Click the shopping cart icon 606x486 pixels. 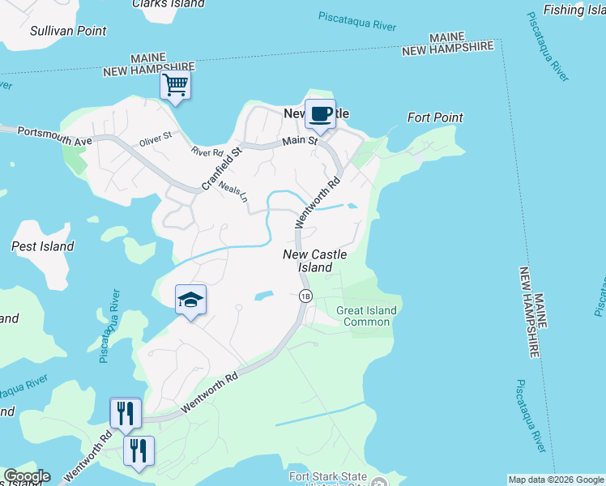(x=175, y=84)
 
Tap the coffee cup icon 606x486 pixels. (x=320, y=113)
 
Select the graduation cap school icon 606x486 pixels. (x=191, y=301)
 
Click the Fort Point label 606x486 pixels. (x=435, y=117)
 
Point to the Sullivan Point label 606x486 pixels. (x=67, y=31)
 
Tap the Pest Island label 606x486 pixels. (x=43, y=246)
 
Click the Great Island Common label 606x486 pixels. (x=367, y=316)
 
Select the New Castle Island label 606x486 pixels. (x=315, y=261)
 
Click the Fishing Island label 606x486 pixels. (x=574, y=10)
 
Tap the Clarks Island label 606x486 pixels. (x=168, y=4)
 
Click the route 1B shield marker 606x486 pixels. (x=305, y=296)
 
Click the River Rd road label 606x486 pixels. (x=207, y=151)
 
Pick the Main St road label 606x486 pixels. (x=299, y=142)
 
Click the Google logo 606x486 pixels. (x=27, y=476)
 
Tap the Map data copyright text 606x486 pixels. (x=556, y=480)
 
